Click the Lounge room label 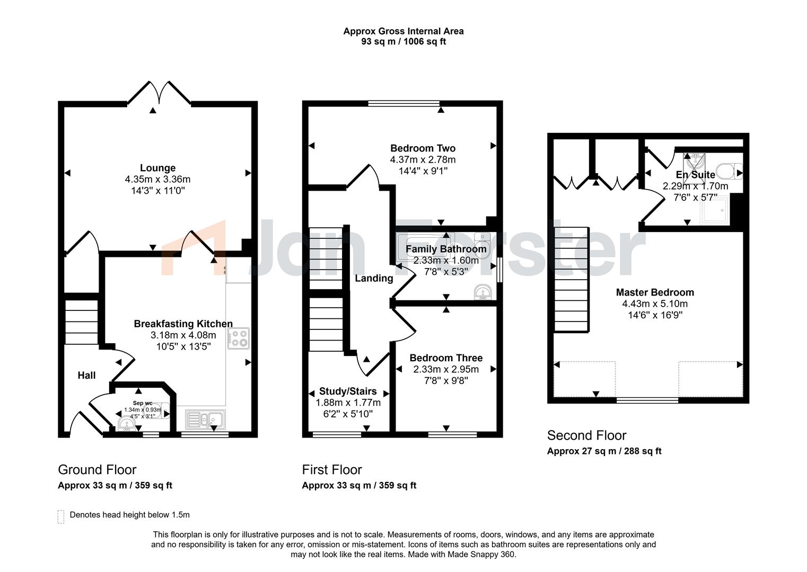tap(157, 168)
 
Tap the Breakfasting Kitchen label tap(183, 324)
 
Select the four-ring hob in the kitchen tap(238, 338)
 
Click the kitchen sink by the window tap(205, 419)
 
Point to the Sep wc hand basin tap(126, 423)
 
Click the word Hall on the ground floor tap(86, 376)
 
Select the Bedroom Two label tap(423, 148)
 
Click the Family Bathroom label tap(445, 249)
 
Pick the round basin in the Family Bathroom tap(483, 292)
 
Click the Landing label tap(374, 278)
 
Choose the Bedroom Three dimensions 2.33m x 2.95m tap(445, 369)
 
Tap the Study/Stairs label tap(348, 391)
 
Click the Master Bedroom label tap(654, 292)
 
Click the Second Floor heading tap(586, 435)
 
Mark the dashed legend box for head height tap(61, 516)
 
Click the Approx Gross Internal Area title tap(403, 31)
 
